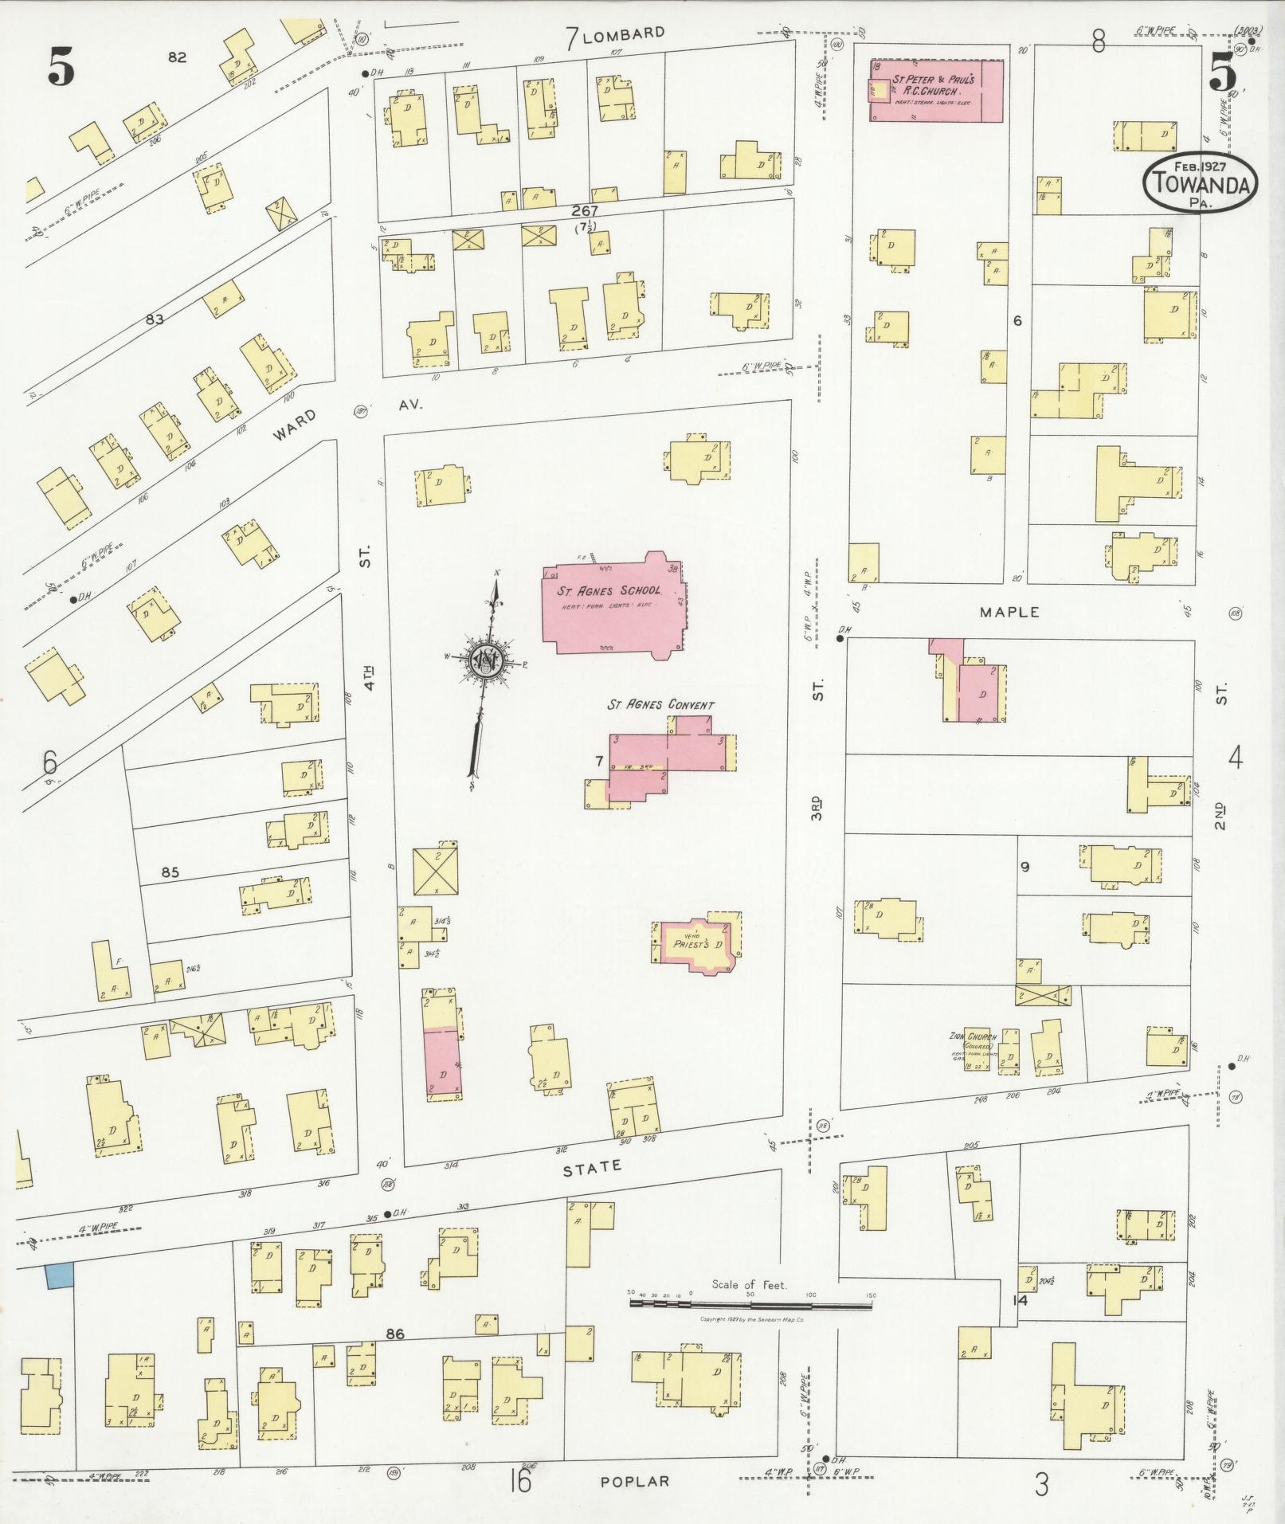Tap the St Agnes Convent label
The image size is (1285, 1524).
click(660, 705)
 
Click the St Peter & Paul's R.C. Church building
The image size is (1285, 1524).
click(936, 90)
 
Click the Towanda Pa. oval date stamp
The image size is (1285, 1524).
click(1201, 182)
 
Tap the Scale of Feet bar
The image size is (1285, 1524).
click(750, 1304)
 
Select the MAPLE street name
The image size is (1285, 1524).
click(1010, 612)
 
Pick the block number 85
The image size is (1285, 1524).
click(170, 872)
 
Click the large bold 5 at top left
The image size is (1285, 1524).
click(61, 65)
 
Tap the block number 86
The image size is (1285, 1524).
click(395, 1334)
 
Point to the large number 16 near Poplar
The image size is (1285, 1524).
click(520, 1482)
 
